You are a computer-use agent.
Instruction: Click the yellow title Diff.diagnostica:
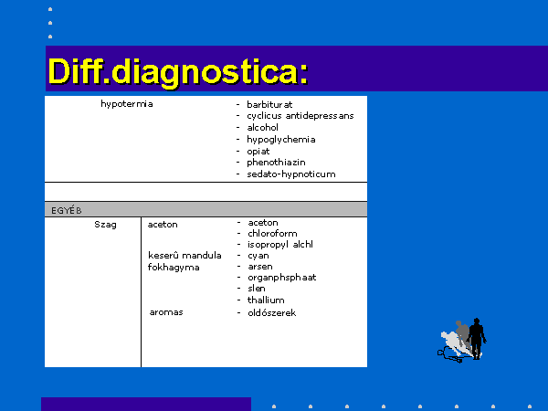tap(178, 72)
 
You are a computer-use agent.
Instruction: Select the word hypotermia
tap(127, 104)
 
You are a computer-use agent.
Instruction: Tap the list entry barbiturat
tap(269, 104)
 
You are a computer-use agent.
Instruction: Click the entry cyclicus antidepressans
tap(300, 116)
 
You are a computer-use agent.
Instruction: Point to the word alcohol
tap(262, 127)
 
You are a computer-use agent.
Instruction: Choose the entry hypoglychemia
tap(281, 140)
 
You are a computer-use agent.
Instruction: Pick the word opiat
tap(258, 152)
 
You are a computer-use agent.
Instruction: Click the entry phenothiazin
tap(276, 163)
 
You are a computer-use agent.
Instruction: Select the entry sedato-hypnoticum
tap(291, 174)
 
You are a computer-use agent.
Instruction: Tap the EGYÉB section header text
tap(67, 210)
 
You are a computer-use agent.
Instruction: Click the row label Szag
tap(105, 225)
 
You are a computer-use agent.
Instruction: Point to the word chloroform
tap(272, 233)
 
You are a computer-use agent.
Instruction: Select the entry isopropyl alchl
tap(280, 244)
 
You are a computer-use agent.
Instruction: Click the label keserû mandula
tap(184, 256)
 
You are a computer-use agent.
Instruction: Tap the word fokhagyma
tap(174, 268)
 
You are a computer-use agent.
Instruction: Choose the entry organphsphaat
tap(281, 278)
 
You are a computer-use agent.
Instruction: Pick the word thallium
tap(266, 300)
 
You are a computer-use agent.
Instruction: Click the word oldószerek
tap(271, 312)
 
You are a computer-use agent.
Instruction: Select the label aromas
tap(166, 312)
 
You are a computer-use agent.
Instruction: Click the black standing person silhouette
tap(477, 338)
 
